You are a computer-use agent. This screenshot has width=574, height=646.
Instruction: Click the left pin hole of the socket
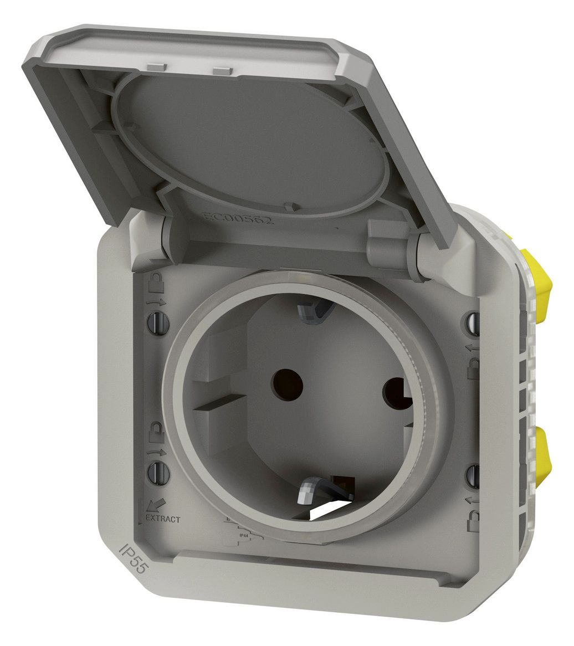288,383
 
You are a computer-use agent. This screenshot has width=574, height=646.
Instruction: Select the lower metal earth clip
308,491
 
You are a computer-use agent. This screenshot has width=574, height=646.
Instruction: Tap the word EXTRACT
162,519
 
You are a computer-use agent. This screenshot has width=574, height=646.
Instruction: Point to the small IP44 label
242,536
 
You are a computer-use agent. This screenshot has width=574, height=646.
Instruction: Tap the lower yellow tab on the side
536,454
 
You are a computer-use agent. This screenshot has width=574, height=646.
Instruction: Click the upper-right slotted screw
473,323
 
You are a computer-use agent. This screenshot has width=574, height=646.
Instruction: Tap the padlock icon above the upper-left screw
155,283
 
